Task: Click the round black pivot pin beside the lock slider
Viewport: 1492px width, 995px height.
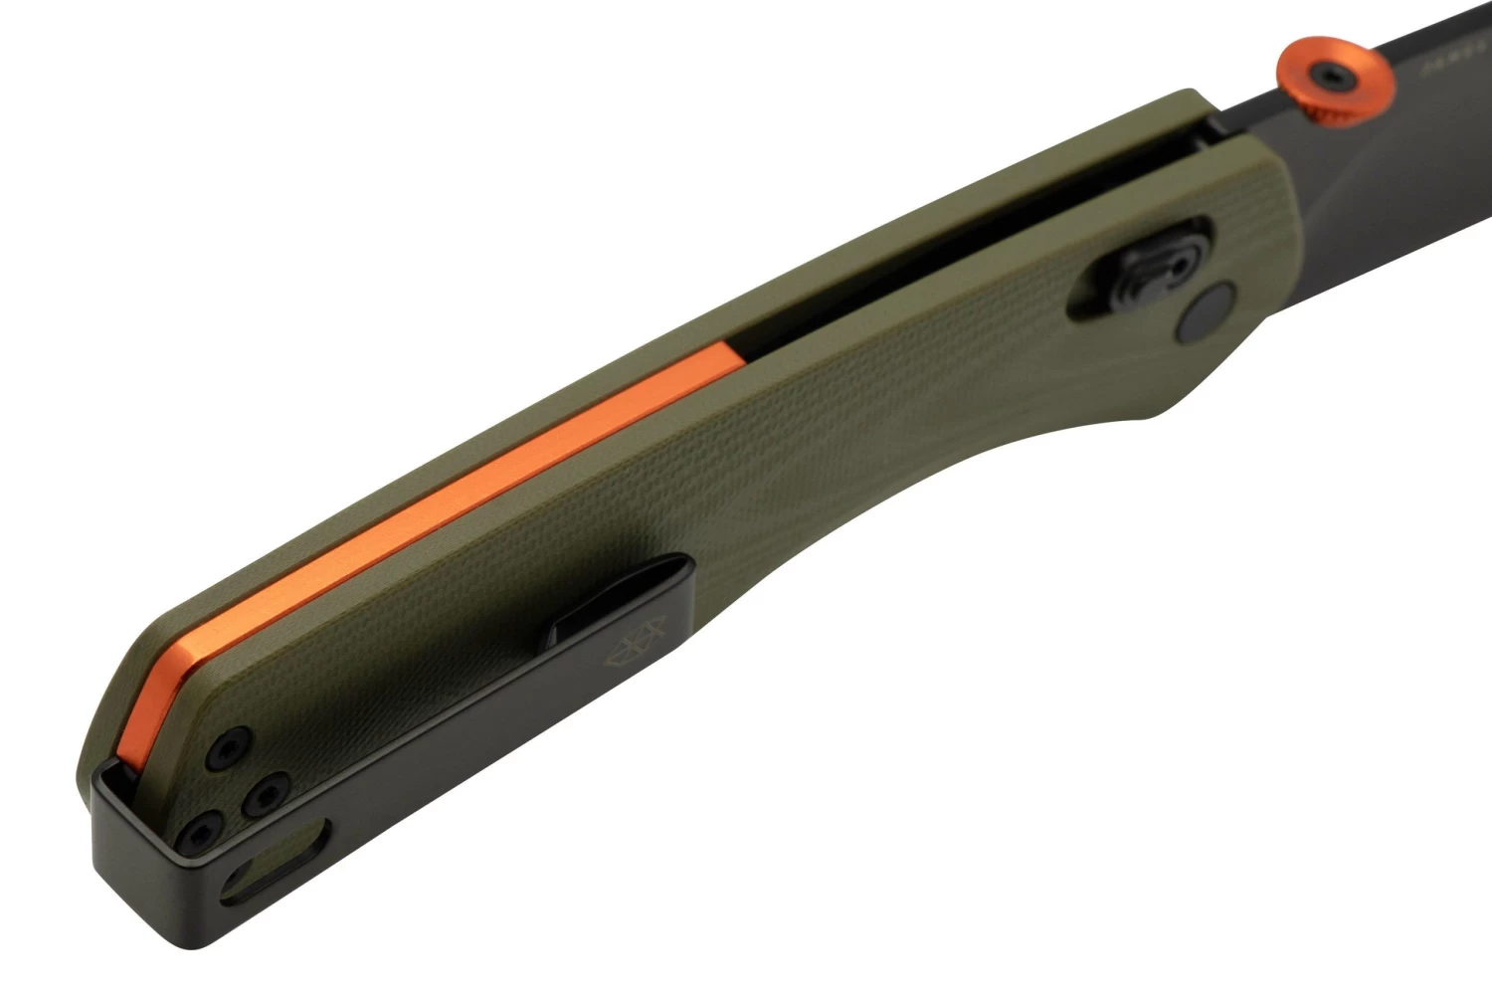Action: (x=1207, y=315)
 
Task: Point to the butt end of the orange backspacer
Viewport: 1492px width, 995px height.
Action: (x=139, y=736)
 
